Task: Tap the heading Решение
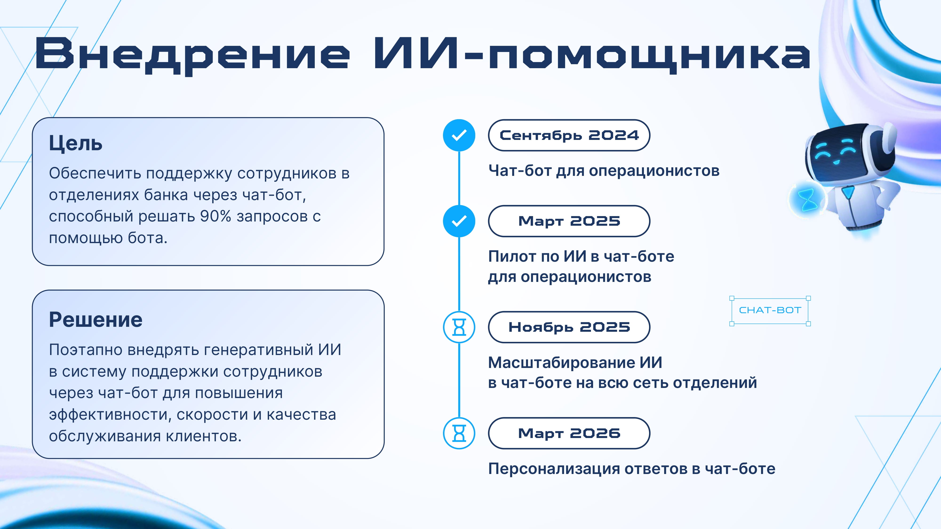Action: pos(96,320)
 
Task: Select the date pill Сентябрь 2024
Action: pos(569,135)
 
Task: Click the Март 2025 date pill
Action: pos(569,221)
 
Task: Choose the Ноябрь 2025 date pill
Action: pos(569,327)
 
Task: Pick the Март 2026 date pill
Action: pos(569,433)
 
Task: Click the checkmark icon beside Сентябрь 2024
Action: pos(459,135)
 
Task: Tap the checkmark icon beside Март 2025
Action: pos(459,221)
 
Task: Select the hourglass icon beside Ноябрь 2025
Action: pos(459,327)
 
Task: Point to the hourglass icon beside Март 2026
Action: pos(459,433)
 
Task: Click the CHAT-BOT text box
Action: pos(770,310)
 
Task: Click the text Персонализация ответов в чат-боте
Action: pos(632,469)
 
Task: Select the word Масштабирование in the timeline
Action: pos(562,363)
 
